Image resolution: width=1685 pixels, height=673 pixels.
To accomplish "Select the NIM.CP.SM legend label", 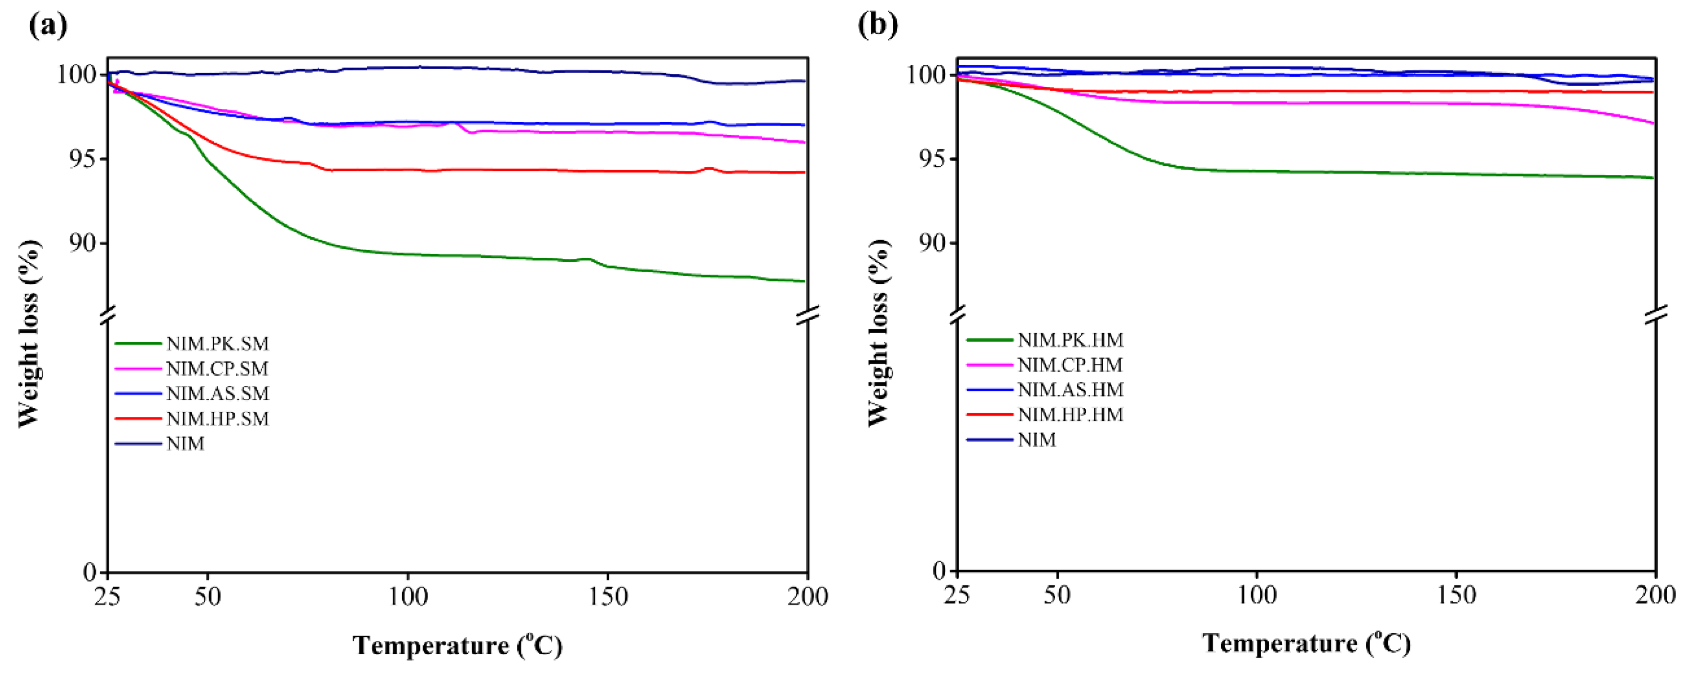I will point(217,369).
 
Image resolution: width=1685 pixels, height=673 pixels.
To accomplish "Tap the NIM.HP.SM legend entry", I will point(217,418).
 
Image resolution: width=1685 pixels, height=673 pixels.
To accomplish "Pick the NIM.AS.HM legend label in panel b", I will point(1070,390).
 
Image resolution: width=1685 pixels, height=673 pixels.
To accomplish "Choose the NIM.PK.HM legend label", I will point(1070,340).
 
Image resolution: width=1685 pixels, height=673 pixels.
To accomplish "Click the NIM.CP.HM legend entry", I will point(1070,365).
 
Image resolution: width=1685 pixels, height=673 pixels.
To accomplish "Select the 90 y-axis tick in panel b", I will point(931,243).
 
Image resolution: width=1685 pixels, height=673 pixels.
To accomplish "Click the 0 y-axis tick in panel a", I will point(90,572).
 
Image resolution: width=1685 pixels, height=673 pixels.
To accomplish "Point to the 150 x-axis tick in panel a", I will point(608,596).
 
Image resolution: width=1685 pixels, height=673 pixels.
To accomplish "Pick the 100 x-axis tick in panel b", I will point(1256,595).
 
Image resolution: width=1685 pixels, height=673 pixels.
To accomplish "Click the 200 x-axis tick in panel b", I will point(1655,595).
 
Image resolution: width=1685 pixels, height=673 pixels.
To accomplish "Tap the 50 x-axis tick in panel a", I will point(208,596).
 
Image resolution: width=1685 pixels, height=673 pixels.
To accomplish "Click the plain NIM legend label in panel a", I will point(185,444).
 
